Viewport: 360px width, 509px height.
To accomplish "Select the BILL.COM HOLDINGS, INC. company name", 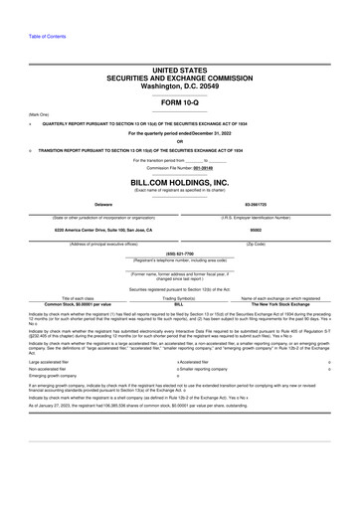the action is coord(179,184).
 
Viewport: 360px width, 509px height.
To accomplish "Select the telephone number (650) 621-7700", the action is coord(179,254).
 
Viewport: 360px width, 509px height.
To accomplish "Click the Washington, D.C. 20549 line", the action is coord(179,86).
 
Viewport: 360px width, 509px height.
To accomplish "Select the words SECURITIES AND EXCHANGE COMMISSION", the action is coord(179,79).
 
